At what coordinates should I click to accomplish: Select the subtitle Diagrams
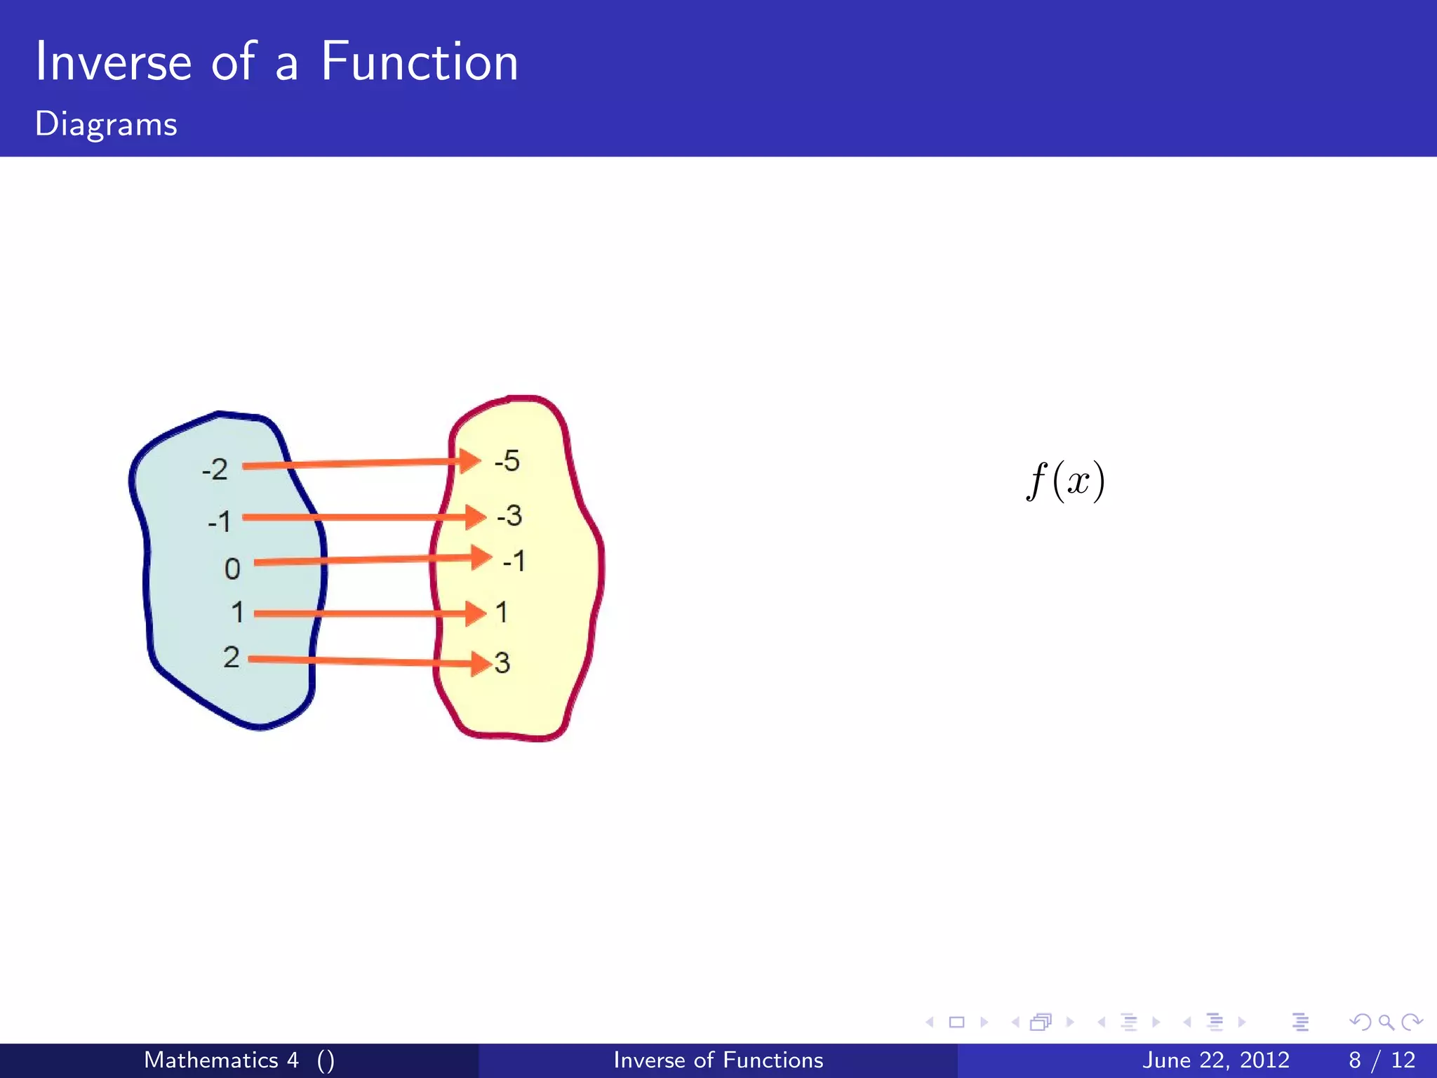(106, 124)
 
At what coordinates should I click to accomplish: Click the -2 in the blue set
(215, 469)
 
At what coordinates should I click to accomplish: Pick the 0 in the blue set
(232, 568)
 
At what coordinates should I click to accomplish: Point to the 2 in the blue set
(232, 657)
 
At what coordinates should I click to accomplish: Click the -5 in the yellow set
(507, 461)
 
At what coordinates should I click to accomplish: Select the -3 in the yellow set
(509, 516)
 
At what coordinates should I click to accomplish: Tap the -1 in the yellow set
(514, 561)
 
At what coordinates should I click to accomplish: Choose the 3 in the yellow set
(502, 663)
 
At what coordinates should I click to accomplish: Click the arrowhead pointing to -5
(469, 461)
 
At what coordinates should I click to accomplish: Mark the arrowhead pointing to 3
(481, 663)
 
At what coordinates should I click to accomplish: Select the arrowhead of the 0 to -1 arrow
(481, 557)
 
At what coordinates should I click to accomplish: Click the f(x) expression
(1065, 481)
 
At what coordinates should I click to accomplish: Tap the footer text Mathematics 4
(221, 1060)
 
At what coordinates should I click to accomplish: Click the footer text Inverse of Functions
(718, 1060)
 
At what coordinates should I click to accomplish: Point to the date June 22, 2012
(1215, 1060)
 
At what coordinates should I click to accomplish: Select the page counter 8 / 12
(1381, 1060)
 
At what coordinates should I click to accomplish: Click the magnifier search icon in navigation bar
(1386, 1023)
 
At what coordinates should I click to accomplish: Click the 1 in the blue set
(238, 612)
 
